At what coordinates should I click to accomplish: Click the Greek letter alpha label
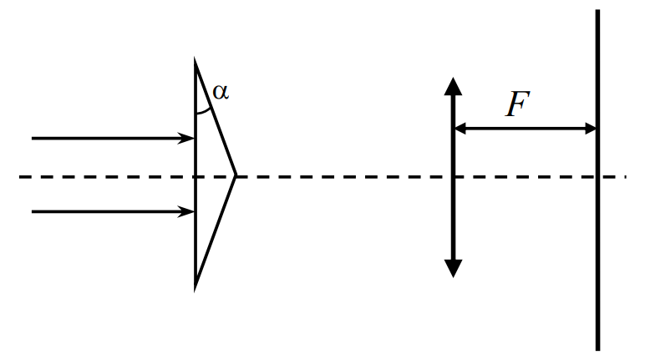click(x=221, y=92)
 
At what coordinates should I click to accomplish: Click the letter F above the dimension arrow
click(x=517, y=104)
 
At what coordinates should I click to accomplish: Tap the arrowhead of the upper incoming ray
click(x=186, y=139)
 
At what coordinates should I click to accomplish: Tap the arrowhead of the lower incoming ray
click(x=186, y=212)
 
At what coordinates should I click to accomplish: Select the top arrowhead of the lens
click(x=454, y=85)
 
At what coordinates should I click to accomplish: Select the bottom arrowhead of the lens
click(x=454, y=269)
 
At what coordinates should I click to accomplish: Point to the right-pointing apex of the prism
click(x=236, y=175)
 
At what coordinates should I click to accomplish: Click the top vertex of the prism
click(x=195, y=59)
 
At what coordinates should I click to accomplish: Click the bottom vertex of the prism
click(x=195, y=290)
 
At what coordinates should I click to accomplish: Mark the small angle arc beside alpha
click(x=204, y=112)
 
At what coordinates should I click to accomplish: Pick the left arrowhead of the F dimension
click(x=460, y=129)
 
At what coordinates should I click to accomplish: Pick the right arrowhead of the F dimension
click(x=591, y=129)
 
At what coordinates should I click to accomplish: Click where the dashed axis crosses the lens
click(x=454, y=177)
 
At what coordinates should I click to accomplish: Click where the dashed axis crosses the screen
click(x=597, y=177)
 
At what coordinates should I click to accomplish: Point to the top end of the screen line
click(x=597, y=10)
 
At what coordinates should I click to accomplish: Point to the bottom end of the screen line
click(x=597, y=350)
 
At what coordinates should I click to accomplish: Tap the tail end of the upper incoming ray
click(x=33, y=139)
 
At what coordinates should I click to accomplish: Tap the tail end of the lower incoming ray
click(x=33, y=212)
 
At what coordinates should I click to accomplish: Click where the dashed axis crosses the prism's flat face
click(x=195, y=177)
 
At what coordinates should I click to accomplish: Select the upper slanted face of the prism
click(x=215, y=118)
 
